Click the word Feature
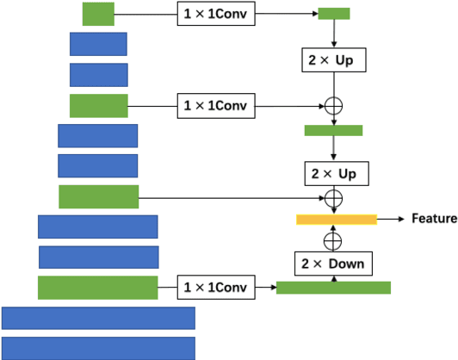click(434, 219)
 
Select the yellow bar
click(337, 220)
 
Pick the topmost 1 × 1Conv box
click(215, 14)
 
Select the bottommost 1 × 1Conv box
click(215, 288)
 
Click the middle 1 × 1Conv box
click(215, 106)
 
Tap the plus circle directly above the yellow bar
click(333, 199)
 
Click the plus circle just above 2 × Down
click(333, 240)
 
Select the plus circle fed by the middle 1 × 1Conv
click(333, 106)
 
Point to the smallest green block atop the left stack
click(98, 14)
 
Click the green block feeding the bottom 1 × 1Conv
click(98, 288)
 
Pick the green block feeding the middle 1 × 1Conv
click(98, 106)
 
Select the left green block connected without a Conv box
click(98, 196)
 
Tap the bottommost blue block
click(98, 348)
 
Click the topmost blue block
click(98, 44)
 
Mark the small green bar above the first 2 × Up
click(334, 14)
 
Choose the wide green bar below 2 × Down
click(333, 288)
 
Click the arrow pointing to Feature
click(391, 220)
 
